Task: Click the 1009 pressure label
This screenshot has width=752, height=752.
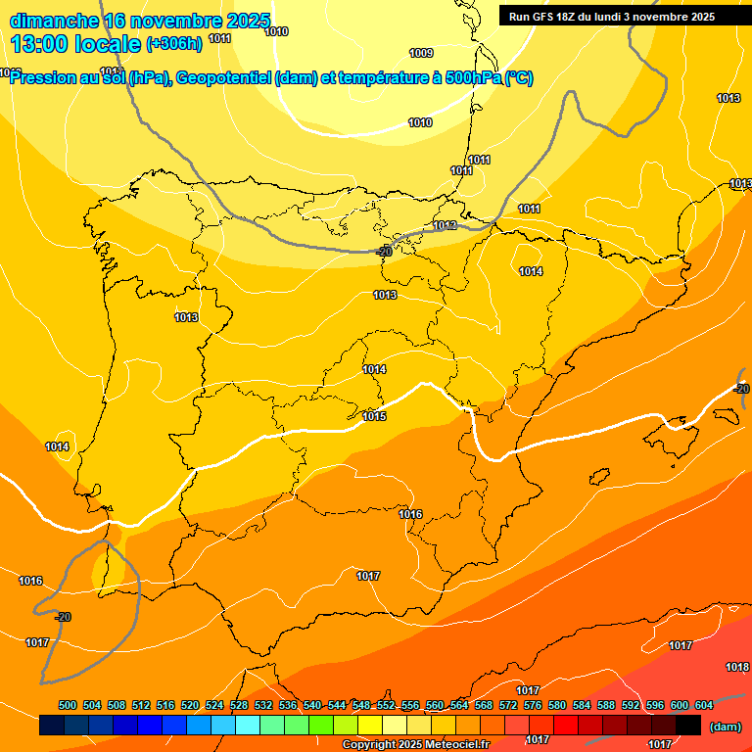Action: (421, 53)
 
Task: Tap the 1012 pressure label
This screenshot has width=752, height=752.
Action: (445, 226)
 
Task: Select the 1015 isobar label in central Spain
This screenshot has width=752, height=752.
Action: (374, 416)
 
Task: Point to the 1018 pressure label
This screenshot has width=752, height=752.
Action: (737, 667)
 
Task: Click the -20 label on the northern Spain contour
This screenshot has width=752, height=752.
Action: (384, 252)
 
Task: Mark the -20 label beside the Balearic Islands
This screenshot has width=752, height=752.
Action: (740, 389)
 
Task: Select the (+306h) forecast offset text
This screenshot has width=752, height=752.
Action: (173, 43)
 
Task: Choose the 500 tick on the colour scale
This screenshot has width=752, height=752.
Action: (68, 705)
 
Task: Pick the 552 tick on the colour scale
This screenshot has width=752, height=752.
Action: (386, 705)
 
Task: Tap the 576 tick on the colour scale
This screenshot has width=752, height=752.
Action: (533, 705)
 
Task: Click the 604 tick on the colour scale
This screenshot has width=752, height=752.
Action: (704, 705)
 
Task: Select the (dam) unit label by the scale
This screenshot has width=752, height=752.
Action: (725, 727)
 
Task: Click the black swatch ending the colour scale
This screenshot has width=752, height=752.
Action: (688, 726)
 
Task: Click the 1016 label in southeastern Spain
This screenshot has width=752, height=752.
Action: (410, 514)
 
